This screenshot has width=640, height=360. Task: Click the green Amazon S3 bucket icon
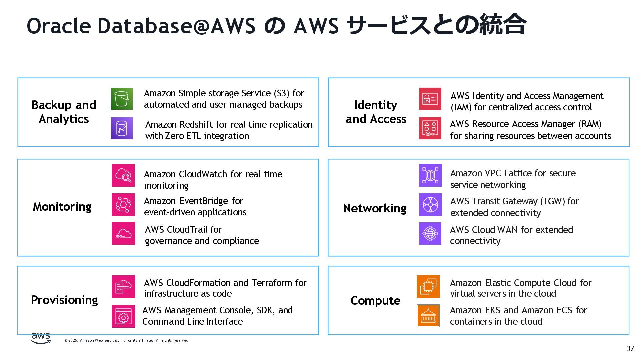coord(122,99)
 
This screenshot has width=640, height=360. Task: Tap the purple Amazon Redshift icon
coord(122,128)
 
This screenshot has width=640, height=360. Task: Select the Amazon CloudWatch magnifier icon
coord(123,175)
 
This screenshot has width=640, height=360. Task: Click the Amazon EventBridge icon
coord(123,205)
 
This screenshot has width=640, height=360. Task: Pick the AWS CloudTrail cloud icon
coord(123,233)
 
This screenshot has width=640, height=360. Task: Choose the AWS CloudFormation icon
coord(123,287)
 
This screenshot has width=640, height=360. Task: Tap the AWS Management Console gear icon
coord(123,316)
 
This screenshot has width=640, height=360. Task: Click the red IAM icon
coord(430,99)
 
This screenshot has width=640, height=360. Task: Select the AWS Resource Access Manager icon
coord(430,128)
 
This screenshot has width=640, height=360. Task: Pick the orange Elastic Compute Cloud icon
coord(428,287)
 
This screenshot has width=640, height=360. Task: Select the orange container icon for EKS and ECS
coord(428,316)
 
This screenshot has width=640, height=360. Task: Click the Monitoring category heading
coord(62,207)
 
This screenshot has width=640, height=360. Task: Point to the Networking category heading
coord(375,208)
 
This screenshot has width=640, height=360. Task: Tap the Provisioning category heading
coord(64,300)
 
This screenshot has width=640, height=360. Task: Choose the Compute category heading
coord(375,301)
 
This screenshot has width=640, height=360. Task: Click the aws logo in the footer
coord(41,338)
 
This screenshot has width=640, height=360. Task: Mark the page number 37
coord(630,349)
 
